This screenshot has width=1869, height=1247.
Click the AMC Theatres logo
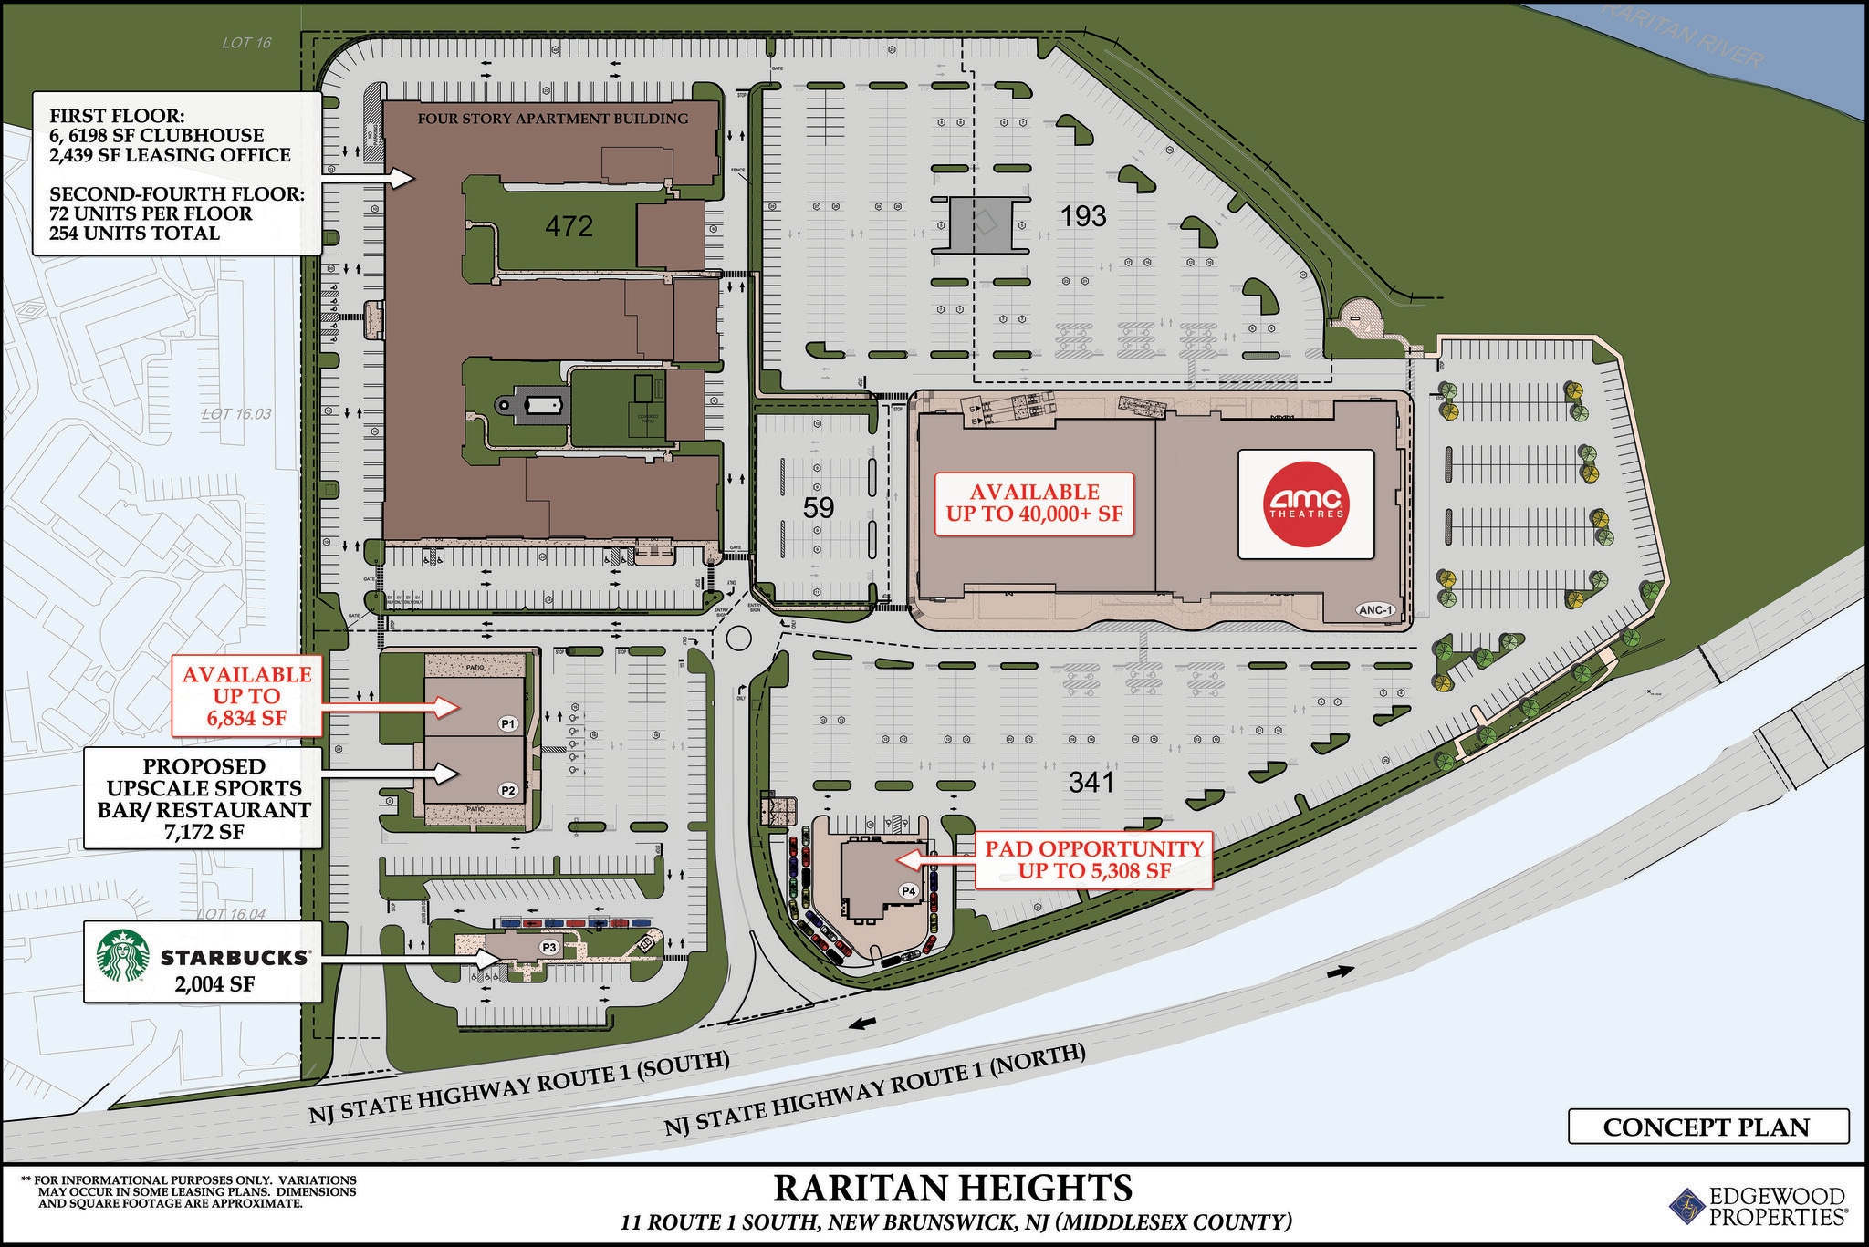coord(1306,504)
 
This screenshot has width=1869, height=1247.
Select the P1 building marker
coord(508,723)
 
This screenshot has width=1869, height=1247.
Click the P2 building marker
coord(508,790)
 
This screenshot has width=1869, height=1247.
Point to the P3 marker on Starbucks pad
coord(549,947)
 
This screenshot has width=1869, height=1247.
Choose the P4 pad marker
coord(908,890)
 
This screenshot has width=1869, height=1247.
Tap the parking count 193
coord(1083,216)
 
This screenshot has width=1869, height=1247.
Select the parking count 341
coord(1092,782)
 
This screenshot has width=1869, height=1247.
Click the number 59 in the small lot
coord(819,507)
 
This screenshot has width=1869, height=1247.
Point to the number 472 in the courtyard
coord(569,225)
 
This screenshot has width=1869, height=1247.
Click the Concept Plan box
coord(1707,1127)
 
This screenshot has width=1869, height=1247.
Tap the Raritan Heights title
coord(953,1189)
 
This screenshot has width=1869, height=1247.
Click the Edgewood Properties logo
coord(1757,1205)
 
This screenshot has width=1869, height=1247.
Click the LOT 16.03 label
coord(236,414)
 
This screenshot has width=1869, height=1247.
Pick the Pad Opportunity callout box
coord(1093,859)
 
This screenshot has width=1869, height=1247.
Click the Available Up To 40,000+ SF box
coord(1034,503)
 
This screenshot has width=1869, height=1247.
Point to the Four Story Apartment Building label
coord(553,119)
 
